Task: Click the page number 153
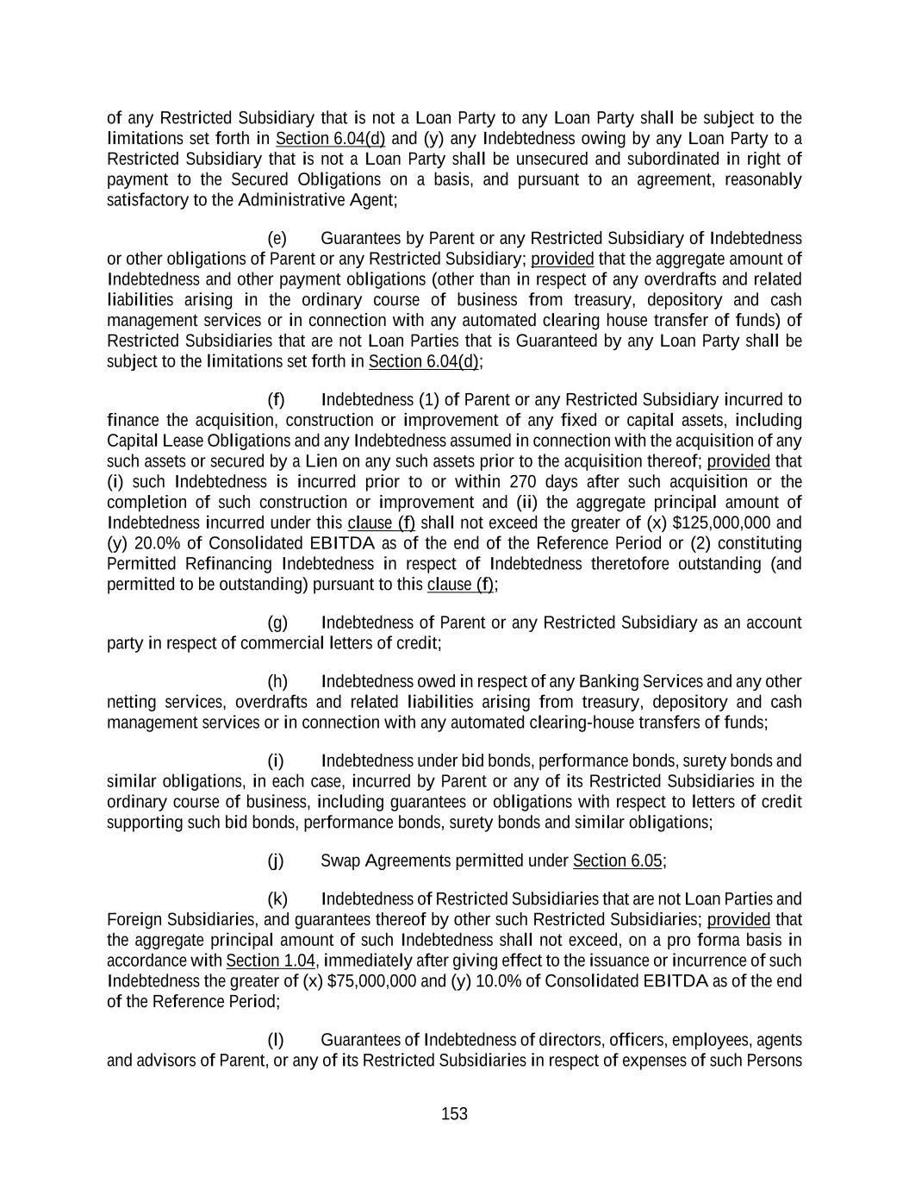(x=454, y=1114)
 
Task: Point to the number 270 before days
(x=525, y=482)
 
